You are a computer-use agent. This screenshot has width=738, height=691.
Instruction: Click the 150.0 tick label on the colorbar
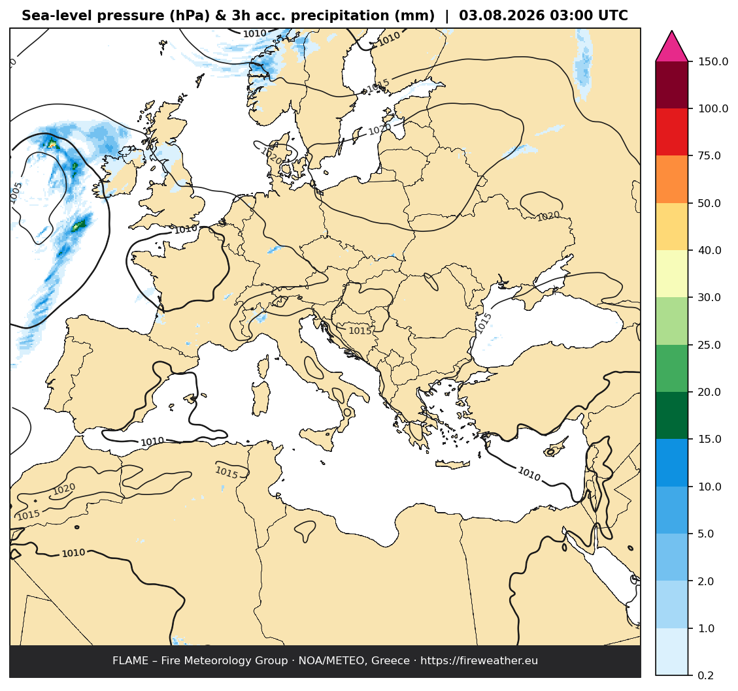click(713, 61)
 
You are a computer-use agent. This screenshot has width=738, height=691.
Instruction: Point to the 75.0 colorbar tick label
click(709, 155)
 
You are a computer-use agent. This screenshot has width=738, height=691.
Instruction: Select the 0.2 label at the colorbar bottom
click(706, 675)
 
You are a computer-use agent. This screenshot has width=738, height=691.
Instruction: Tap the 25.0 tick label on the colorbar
click(709, 345)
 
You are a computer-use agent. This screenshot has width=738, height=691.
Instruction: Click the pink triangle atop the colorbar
click(671, 46)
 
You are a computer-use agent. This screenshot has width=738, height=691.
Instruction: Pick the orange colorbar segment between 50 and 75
click(671, 179)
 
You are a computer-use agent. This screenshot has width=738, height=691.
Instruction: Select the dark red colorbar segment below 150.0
click(671, 85)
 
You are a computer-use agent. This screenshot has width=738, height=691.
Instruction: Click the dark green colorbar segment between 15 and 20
click(671, 415)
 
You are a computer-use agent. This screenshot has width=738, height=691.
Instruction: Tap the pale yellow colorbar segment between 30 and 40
click(671, 274)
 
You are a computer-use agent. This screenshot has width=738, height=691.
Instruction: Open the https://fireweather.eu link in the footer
click(479, 660)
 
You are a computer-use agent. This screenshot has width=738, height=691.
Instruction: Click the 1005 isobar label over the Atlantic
click(16, 193)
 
